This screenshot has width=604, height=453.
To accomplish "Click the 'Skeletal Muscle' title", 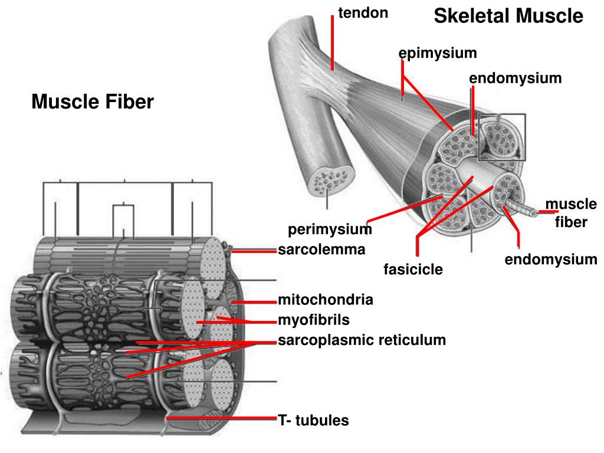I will point(508,17).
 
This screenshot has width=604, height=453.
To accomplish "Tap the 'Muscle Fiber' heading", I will point(93,102).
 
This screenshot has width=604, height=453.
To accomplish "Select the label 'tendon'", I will point(363,13).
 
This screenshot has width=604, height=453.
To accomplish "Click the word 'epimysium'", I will point(437,54).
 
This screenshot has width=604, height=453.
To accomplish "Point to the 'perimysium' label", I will point(330,229).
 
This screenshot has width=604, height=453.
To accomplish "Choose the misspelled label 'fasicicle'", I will point(413,270).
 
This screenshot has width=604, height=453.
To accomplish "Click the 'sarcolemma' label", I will point(321,250).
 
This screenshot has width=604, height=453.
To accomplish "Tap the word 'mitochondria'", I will point(326,300).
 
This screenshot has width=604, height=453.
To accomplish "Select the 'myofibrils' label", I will point(314,320).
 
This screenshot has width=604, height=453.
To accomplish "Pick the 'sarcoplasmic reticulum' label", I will point(362,340).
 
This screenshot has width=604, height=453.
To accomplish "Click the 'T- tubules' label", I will point(313,421).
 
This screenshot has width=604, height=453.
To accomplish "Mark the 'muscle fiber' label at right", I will point(571,213).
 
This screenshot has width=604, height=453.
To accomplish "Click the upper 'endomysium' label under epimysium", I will point(515,78).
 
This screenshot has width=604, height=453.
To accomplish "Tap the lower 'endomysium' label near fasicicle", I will point(550,260).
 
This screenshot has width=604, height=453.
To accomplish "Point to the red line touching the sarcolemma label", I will point(254,251).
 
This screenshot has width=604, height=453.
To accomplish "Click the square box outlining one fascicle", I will point(501,137).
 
